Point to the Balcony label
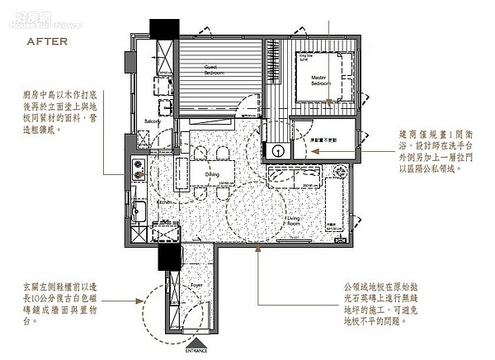(153, 121)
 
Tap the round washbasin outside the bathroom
(276, 150)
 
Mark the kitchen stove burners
(136, 170)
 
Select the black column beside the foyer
(170, 258)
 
